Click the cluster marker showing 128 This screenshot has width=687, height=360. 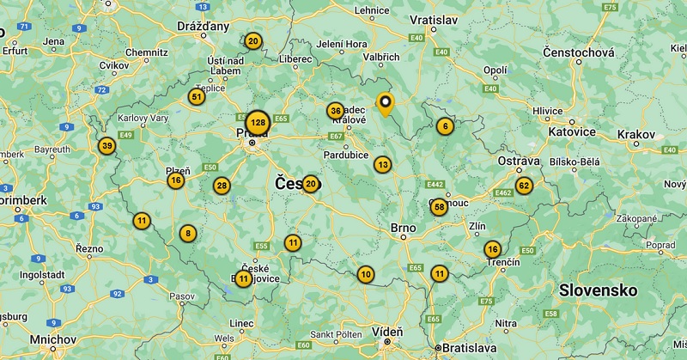point(258,123)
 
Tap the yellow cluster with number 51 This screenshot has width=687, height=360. point(198,97)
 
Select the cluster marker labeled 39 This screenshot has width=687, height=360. point(106,146)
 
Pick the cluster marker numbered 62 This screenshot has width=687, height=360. point(524,185)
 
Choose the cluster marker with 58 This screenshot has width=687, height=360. point(439,206)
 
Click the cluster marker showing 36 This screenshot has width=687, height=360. point(336,111)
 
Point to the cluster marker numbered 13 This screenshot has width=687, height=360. point(382,164)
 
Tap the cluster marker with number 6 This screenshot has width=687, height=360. point(444,125)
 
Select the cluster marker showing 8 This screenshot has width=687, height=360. point(188,233)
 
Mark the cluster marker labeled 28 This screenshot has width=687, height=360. point(222,186)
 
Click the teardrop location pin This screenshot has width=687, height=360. point(386,105)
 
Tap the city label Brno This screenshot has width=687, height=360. point(403,229)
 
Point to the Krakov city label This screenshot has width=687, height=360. point(635,135)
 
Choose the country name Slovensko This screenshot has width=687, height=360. point(598,290)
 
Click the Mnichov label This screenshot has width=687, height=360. point(54,339)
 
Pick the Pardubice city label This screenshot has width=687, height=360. point(346,155)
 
